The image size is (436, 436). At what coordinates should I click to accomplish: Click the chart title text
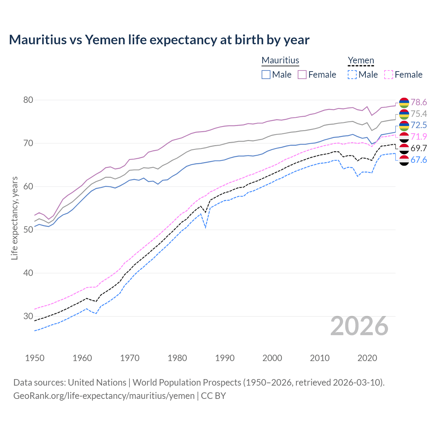pyautogui.click(x=159, y=40)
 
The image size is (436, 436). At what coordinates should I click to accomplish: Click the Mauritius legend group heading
pyautogui.click(x=280, y=60)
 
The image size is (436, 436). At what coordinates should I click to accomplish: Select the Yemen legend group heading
pyautogui.click(x=361, y=60)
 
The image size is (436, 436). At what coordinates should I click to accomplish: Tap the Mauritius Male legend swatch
pyautogui.click(x=266, y=75)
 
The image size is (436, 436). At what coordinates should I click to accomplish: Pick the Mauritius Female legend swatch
pyautogui.click(x=302, y=75)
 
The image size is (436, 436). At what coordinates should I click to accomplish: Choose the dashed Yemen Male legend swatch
pyautogui.click(x=352, y=75)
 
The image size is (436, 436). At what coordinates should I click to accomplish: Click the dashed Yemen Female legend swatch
pyautogui.click(x=388, y=75)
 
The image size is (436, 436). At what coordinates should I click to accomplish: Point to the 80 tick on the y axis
pyautogui.click(x=28, y=100)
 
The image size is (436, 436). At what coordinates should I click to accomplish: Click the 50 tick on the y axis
pyautogui.click(x=28, y=230)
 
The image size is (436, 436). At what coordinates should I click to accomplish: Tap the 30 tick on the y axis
pyautogui.click(x=28, y=316)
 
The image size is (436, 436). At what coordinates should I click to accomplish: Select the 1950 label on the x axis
pyautogui.click(x=35, y=358)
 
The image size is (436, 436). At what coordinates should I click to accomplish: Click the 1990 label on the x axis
pyautogui.click(x=225, y=358)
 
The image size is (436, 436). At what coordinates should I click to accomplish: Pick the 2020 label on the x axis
pyautogui.click(x=367, y=358)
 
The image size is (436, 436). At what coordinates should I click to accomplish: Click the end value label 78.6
pyautogui.click(x=419, y=102)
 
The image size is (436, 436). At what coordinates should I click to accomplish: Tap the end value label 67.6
pyautogui.click(x=419, y=160)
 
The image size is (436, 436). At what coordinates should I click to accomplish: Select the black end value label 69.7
pyautogui.click(x=419, y=148)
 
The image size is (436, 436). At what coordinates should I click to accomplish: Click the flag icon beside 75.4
pyautogui.click(x=404, y=114)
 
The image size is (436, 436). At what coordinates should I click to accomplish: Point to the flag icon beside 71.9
pyautogui.click(x=404, y=137)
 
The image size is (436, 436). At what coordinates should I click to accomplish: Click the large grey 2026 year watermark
pyautogui.click(x=359, y=326)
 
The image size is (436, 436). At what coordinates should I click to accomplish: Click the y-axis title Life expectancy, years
pyautogui.click(x=14, y=218)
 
